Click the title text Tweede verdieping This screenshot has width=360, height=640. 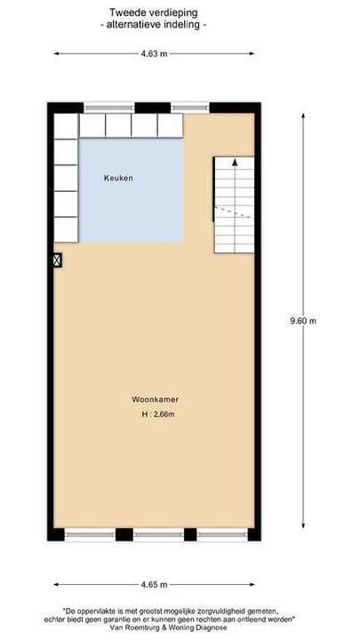(x=154, y=13)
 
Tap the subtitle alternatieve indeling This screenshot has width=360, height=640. (x=154, y=26)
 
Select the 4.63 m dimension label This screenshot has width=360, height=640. (x=153, y=53)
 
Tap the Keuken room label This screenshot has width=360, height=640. (x=118, y=178)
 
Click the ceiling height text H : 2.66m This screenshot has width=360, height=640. (x=156, y=414)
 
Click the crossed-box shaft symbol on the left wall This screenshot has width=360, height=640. (x=58, y=260)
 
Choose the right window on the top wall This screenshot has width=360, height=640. (x=190, y=108)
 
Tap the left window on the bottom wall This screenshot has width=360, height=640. (x=91, y=534)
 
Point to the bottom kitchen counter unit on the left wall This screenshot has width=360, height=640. (x=66, y=229)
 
